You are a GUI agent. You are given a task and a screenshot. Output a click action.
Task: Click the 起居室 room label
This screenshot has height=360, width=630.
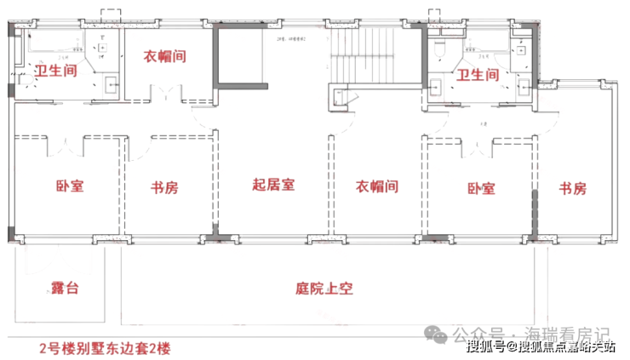(273, 184)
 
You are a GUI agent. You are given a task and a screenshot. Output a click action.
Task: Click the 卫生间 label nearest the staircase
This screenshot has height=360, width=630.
(478, 76)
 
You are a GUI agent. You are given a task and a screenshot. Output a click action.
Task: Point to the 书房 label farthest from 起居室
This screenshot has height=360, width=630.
(573, 189)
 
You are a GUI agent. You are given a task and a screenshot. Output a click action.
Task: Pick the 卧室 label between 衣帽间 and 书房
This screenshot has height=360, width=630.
(480, 189)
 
